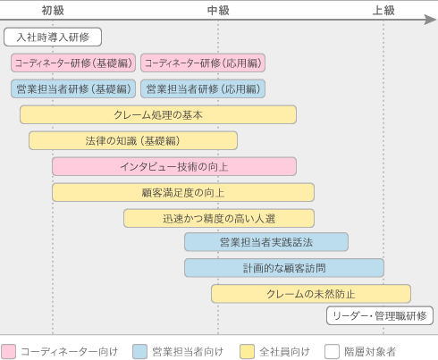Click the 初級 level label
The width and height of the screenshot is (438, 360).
[53, 11]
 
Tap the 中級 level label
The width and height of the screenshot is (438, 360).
[218, 11]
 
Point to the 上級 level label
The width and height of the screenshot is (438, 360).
[383, 11]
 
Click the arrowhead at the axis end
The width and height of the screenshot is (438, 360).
[431, 20]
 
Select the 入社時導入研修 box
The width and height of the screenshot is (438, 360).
[53, 37]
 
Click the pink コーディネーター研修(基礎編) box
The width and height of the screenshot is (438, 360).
[73, 63]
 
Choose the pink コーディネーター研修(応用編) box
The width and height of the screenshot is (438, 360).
[203, 63]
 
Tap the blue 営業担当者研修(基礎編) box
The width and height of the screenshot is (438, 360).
[73, 88]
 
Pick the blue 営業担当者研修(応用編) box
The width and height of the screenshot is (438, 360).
[203, 88]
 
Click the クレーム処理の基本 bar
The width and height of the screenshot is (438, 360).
[158, 114]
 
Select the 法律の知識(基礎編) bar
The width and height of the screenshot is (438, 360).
[133, 140]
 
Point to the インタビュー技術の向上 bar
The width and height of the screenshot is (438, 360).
[174, 166]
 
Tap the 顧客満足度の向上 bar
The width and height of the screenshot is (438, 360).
[183, 192]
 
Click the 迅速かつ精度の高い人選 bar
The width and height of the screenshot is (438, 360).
[219, 218]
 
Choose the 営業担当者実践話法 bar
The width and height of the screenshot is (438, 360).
[266, 242]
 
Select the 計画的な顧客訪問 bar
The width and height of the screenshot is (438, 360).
[284, 268]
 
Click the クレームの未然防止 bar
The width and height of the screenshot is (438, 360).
[311, 294]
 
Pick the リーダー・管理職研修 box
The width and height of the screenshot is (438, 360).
[380, 315]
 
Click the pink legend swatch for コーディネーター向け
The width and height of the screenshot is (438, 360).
[8, 352]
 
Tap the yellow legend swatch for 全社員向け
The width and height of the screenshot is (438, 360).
[248, 352]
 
